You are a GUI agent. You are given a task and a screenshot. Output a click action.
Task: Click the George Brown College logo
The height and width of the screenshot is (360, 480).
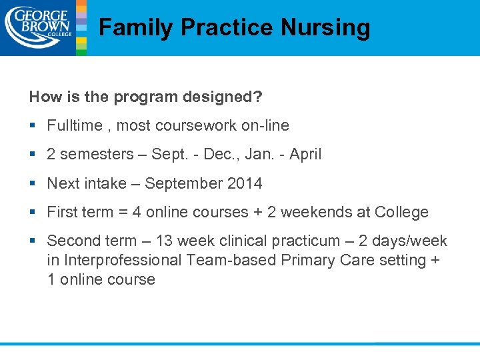37,27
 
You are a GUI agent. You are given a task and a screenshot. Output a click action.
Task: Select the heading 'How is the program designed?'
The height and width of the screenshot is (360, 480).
145,97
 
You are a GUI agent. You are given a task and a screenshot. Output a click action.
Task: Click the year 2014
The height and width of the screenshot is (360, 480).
244,183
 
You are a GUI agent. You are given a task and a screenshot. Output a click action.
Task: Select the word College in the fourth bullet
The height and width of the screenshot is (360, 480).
401,213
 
